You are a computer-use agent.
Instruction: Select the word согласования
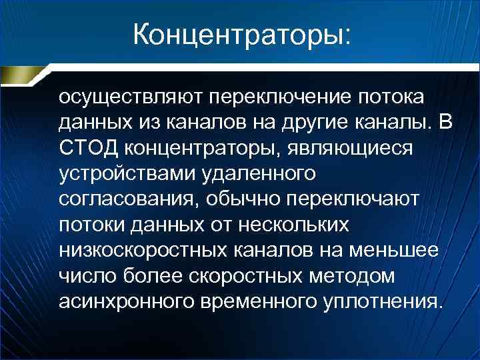[127, 199]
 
